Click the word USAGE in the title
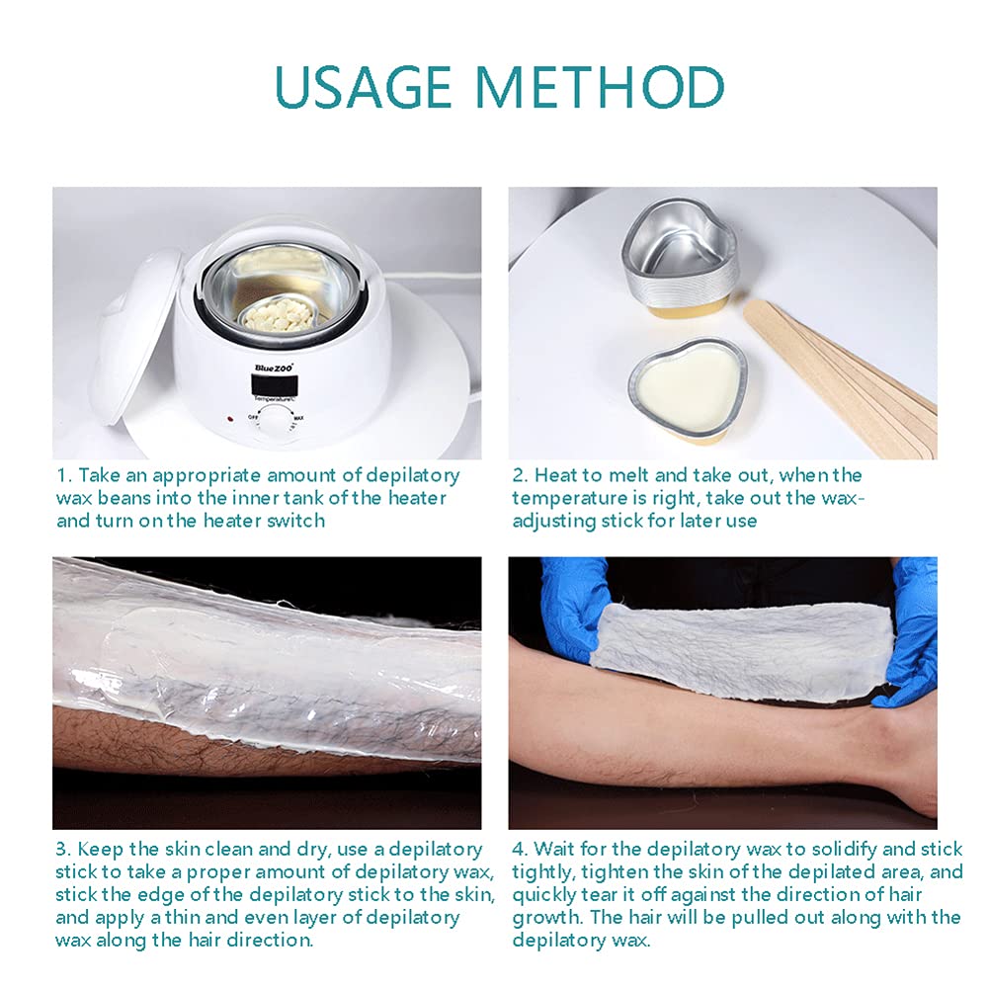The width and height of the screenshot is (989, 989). pos(364,86)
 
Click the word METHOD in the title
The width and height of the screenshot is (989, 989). pos(600,86)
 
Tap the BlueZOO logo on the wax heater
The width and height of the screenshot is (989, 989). pos(275,368)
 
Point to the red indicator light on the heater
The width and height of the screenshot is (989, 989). pos(230,418)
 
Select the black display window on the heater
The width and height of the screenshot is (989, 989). pos(275,383)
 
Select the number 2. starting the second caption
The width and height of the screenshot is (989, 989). pos(521,475)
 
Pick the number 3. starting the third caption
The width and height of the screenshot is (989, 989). pos(63,849)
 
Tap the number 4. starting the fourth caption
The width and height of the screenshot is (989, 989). pos(520,849)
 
